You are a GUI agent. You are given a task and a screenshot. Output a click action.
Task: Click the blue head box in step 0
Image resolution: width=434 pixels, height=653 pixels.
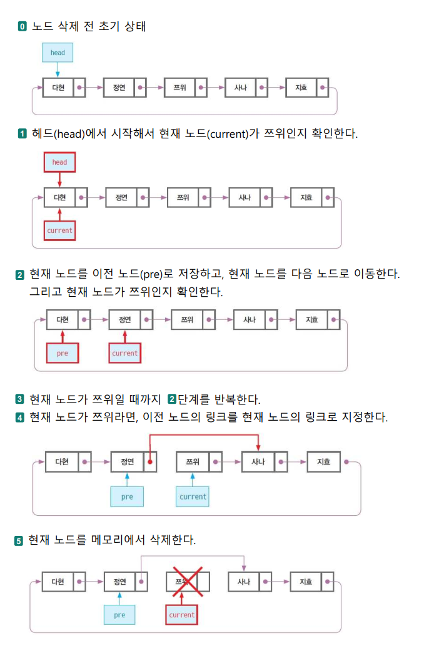(x=58, y=53)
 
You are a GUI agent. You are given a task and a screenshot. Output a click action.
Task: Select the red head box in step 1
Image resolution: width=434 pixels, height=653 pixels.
(x=59, y=162)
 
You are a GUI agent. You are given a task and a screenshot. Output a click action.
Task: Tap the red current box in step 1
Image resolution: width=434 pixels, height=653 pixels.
(x=59, y=230)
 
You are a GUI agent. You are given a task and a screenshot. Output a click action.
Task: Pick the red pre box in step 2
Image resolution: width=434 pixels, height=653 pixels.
(x=62, y=353)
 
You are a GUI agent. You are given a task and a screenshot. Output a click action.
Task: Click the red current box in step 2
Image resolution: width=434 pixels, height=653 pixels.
(x=124, y=353)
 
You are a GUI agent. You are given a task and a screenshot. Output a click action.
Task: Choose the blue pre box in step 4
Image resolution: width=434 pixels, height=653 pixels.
(x=127, y=496)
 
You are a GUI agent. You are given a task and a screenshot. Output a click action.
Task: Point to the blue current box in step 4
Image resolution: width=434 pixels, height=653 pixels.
(x=192, y=496)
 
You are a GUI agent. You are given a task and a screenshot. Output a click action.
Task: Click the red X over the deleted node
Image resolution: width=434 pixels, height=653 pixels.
(x=187, y=582)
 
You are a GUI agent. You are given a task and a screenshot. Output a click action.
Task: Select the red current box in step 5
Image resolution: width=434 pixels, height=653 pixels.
(x=182, y=615)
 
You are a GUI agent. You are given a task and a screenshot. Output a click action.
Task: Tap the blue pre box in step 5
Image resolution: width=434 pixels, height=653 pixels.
(x=119, y=615)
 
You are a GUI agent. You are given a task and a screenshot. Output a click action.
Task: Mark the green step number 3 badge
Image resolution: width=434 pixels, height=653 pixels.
(x=19, y=399)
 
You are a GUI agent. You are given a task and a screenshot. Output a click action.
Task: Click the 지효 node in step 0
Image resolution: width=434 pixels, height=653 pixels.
(x=301, y=88)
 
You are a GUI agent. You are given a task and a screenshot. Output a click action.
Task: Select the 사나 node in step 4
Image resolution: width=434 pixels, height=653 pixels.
(x=258, y=462)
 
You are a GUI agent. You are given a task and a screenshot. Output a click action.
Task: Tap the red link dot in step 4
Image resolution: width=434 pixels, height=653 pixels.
(x=150, y=462)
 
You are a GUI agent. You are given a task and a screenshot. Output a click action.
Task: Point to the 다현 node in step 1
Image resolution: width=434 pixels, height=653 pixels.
(x=59, y=198)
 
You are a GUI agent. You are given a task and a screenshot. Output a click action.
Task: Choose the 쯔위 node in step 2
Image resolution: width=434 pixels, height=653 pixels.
(x=187, y=320)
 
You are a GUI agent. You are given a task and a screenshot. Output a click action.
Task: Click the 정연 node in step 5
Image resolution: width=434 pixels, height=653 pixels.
(x=119, y=582)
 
